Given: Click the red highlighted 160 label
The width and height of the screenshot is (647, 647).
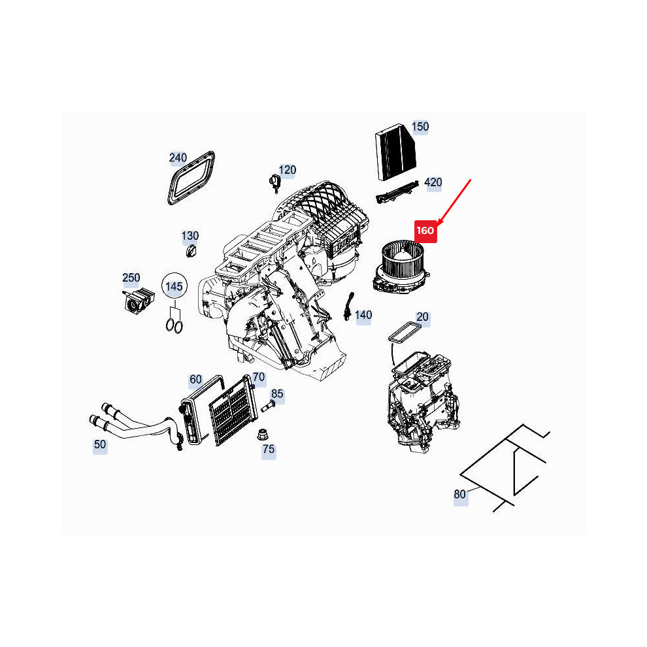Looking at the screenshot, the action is pos(425,231).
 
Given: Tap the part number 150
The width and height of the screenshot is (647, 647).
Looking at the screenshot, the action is pos(420,127).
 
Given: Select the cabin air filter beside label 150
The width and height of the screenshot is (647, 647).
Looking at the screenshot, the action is pos(395,152).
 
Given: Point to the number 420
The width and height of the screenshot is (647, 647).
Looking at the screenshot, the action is pos(433,182).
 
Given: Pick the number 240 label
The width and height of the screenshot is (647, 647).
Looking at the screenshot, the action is pos(178,158).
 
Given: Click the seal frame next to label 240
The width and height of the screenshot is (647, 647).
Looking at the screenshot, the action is pos(191,178).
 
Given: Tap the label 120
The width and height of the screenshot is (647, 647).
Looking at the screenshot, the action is pos(287,170).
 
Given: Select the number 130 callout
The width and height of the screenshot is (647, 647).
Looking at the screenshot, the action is pos(190,236).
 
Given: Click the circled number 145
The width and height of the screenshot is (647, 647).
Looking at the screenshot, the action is pos(174,286).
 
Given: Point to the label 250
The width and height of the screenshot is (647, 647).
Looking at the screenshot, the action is pos(131,278).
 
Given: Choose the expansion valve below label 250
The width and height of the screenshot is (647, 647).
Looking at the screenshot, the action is pos(139,299).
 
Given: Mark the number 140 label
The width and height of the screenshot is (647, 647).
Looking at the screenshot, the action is pos(363,315).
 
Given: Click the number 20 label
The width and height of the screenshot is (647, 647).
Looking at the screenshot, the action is pos(422,317).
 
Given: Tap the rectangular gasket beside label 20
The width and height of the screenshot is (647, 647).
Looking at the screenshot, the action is pos(405,333).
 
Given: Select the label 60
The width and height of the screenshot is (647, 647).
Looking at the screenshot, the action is pos(195,379).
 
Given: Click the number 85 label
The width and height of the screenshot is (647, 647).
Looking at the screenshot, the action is pos(277,393).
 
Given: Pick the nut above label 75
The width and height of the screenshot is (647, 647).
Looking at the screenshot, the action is pos(261,435).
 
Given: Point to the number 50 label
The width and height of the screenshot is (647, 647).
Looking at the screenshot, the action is pos(100,444).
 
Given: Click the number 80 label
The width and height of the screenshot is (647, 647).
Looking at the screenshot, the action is pos(459,494).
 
